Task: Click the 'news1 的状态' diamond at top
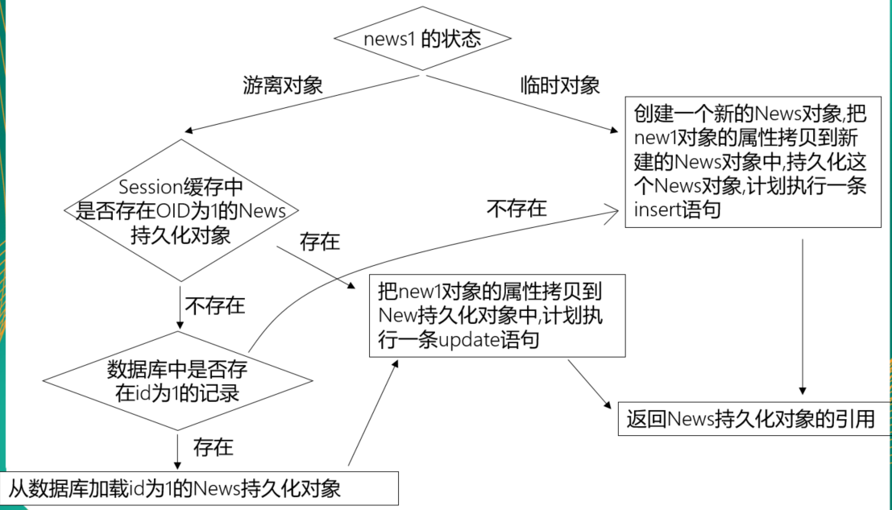421,39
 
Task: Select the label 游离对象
283,85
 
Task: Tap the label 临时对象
560,85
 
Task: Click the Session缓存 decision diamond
180,211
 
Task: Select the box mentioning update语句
497,315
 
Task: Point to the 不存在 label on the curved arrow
517,209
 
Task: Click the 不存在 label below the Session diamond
215,305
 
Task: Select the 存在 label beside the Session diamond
320,241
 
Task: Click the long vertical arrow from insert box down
803,314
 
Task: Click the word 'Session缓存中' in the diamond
180,187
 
